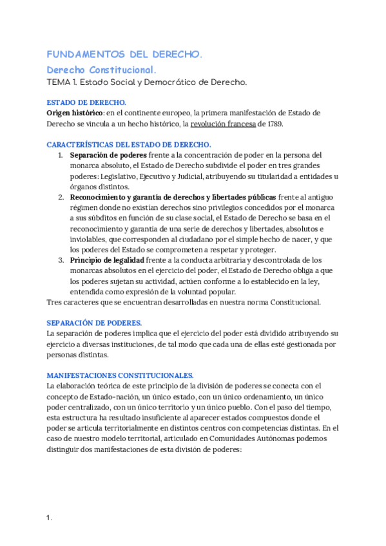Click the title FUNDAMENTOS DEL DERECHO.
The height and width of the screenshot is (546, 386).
coord(124,55)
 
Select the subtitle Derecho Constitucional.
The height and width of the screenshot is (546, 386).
coord(102,70)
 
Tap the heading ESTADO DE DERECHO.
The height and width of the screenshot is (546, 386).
coord(86,102)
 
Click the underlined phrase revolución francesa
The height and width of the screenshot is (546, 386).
coord(223,124)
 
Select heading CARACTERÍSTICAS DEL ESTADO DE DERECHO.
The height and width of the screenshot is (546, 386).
coord(129,145)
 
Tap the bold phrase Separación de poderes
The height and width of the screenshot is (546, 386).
coord(108,155)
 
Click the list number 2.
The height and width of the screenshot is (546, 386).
coord(61,196)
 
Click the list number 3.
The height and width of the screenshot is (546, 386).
coord(61,260)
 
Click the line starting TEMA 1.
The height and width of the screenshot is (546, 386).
coord(147,82)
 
